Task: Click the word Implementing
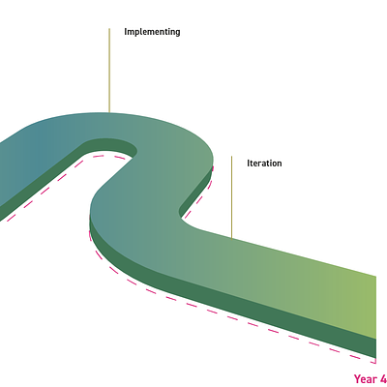coord(152,32)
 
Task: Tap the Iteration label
coord(264,164)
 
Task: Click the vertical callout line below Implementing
coord(109,71)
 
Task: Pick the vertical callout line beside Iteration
coord(231,197)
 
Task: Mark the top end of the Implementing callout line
coord(109,28)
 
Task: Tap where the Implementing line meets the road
coord(109,112)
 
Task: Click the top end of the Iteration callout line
coord(231,157)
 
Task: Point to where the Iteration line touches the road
coord(231,239)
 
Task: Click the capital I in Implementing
coord(126,32)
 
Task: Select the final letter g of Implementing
coord(177,33)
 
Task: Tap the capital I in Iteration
coord(249,164)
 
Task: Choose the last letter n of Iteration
coord(279,164)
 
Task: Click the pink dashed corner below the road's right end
coord(375,363)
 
